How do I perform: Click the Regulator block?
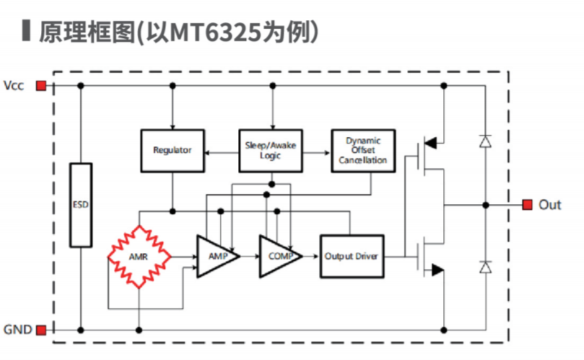coord(173,150)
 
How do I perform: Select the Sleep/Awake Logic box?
coord(271,150)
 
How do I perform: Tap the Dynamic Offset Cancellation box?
coord(363,150)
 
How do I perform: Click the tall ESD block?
coord(81,204)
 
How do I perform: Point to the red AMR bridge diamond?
coord(139,256)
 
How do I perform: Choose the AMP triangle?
coord(216,256)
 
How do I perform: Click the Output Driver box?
coord(353,256)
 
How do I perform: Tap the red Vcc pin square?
coord(41,86)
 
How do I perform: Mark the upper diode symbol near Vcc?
coord(486,141)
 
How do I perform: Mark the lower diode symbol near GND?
coord(486,268)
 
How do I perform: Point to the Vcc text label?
coord(14,86)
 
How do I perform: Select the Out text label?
coord(549,205)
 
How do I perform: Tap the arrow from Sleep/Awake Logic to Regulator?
coord(221,152)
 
